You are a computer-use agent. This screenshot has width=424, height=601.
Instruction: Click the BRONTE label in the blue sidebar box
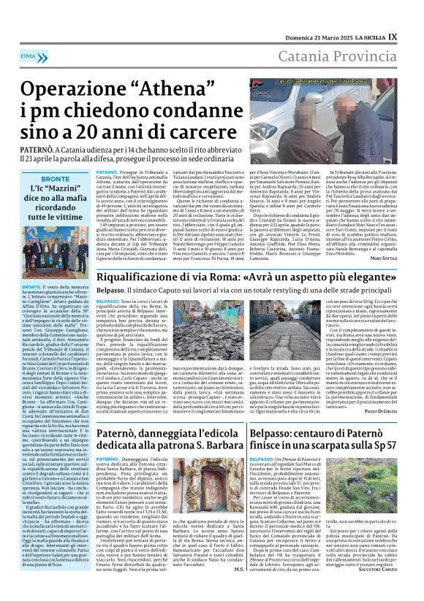56,179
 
